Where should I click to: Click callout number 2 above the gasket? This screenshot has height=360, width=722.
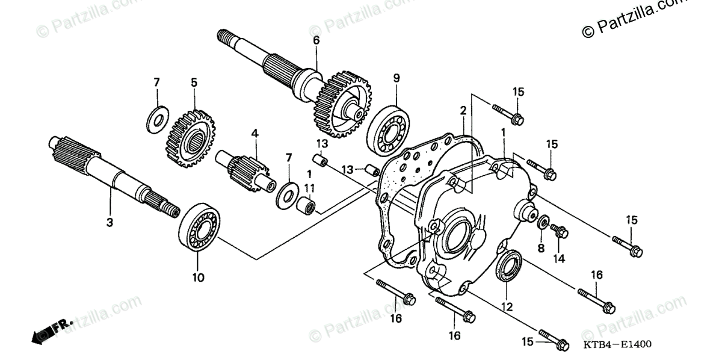[x=463, y=111]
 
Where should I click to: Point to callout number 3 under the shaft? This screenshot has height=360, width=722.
[x=110, y=222]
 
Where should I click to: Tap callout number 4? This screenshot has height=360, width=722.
[x=255, y=133]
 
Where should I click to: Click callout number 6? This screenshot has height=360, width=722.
[x=316, y=41]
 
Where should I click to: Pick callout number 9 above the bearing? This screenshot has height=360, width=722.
[x=396, y=78]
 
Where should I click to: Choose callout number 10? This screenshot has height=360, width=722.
[x=199, y=278]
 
